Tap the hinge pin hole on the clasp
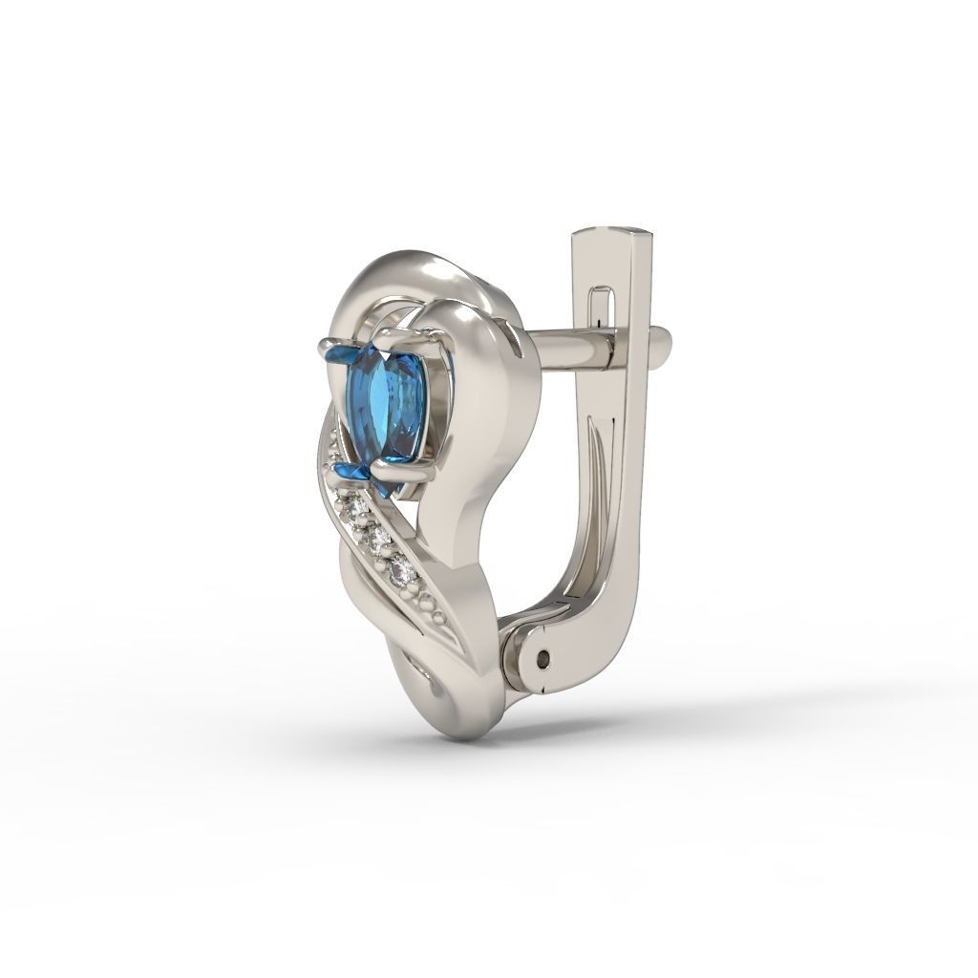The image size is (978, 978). (x=544, y=657)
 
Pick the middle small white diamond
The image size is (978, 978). (x=380, y=541)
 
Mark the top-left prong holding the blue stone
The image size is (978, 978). (x=331, y=344)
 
